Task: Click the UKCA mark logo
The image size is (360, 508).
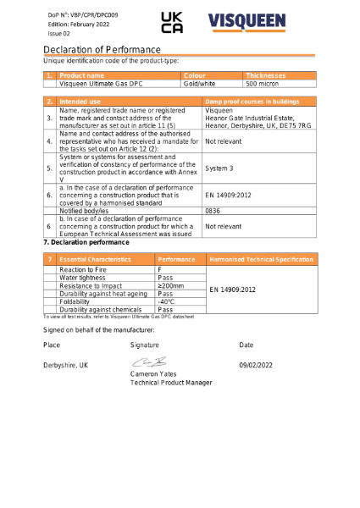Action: [x=171, y=24]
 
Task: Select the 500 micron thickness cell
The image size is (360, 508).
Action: [x=263, y=85]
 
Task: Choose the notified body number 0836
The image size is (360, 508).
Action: [x=213, y=210]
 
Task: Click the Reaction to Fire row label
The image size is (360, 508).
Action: [x=83, y=268]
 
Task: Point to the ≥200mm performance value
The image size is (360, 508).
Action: [x=171, y=285]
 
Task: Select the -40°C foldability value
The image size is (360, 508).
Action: [x=166, y=301]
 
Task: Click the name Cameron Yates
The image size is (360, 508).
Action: [x=153, y=374]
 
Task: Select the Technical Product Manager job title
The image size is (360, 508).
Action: [x=171, y=383]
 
